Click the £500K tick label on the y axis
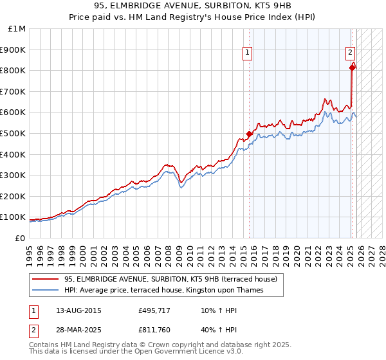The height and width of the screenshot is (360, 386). click(x=14, y=133)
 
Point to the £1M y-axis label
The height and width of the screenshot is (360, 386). click(x=17, y=28)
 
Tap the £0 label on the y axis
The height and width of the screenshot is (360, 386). click(x=20, y=238)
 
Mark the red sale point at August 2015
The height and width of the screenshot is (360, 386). click(x=249, y=134)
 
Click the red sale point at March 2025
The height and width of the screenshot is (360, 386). click(x=352, y=67)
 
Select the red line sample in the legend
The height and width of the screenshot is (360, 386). click(x=46, y=279)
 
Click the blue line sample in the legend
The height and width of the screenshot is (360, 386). click(x=46, y=290)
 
